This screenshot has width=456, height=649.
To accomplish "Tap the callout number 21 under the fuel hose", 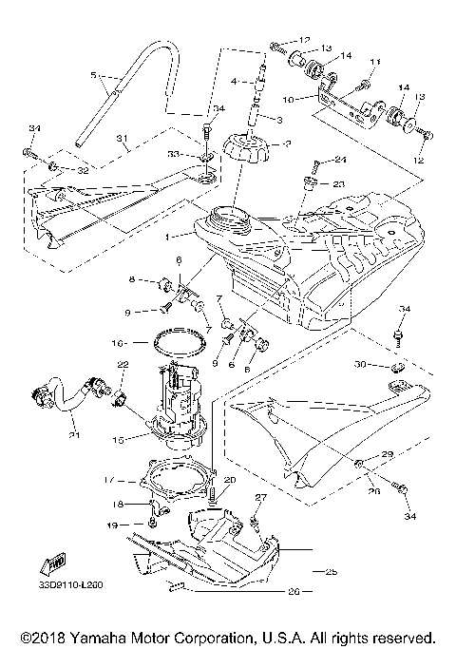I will click(x=75, y=436).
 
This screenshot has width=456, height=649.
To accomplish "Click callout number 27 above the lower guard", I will click(x=261, y=497).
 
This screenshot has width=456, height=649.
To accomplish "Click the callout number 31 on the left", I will click(x=123, y=141).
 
